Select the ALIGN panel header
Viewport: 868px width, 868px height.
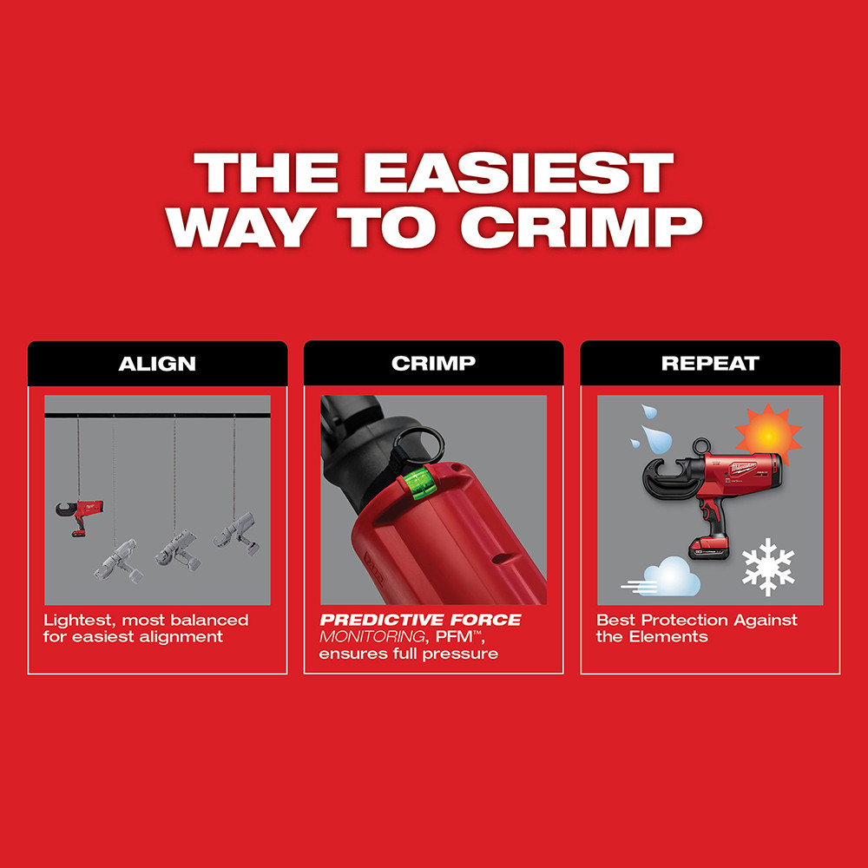click(x=157, y=363)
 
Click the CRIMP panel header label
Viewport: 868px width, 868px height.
click(x=433, y=363)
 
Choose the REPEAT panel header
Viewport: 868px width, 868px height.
click(x=710, y=363)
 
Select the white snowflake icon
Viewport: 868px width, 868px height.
click(x=768, y=565)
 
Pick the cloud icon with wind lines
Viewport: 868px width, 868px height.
click(x=663, y=576)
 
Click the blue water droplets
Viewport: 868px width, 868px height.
click(x=646, y=425)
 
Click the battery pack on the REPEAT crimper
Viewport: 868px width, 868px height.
click(x=709, y=547)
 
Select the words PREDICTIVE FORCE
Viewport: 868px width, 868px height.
click(x=420, y=620)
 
